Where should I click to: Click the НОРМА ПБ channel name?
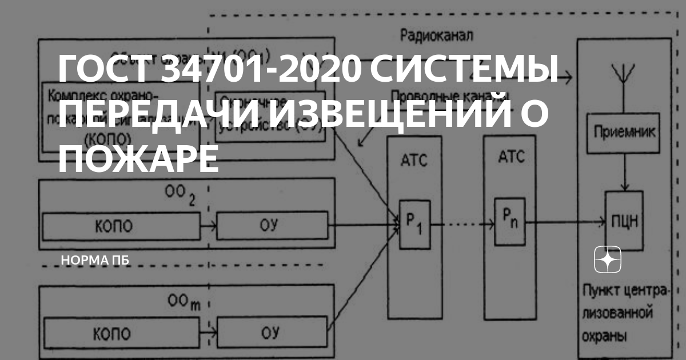[x=95, y=261]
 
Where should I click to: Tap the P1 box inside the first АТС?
[x=414, y=224]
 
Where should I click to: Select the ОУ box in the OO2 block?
[x=273, y=225]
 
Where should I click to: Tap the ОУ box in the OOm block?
[x=273, y=333]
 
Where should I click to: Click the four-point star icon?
[x=608, y=261]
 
